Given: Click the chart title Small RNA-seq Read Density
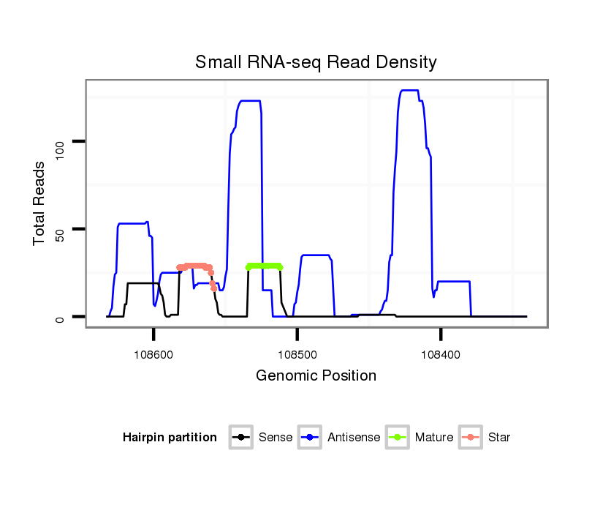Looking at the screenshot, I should tap(316, 62).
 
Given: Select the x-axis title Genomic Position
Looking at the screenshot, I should tap(316, 376).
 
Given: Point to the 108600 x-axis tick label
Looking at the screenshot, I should tap(153, 353).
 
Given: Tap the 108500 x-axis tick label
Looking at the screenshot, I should tap(297, 353).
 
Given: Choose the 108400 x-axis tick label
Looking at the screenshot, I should tap(441, 353).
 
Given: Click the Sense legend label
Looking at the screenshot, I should tap(276, 438).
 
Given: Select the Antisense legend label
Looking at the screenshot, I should tap(354, 438).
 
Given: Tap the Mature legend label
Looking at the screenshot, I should tap(433, 438).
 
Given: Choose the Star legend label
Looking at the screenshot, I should tap(499, 438).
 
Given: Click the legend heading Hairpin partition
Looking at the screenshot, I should tap(170, 438).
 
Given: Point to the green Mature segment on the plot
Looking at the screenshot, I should tap(264, 266).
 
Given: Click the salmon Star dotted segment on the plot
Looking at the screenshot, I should tap(196, 266).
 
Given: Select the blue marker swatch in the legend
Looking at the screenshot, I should tap(311, 438).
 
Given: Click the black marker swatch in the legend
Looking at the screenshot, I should tap(240, 438).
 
